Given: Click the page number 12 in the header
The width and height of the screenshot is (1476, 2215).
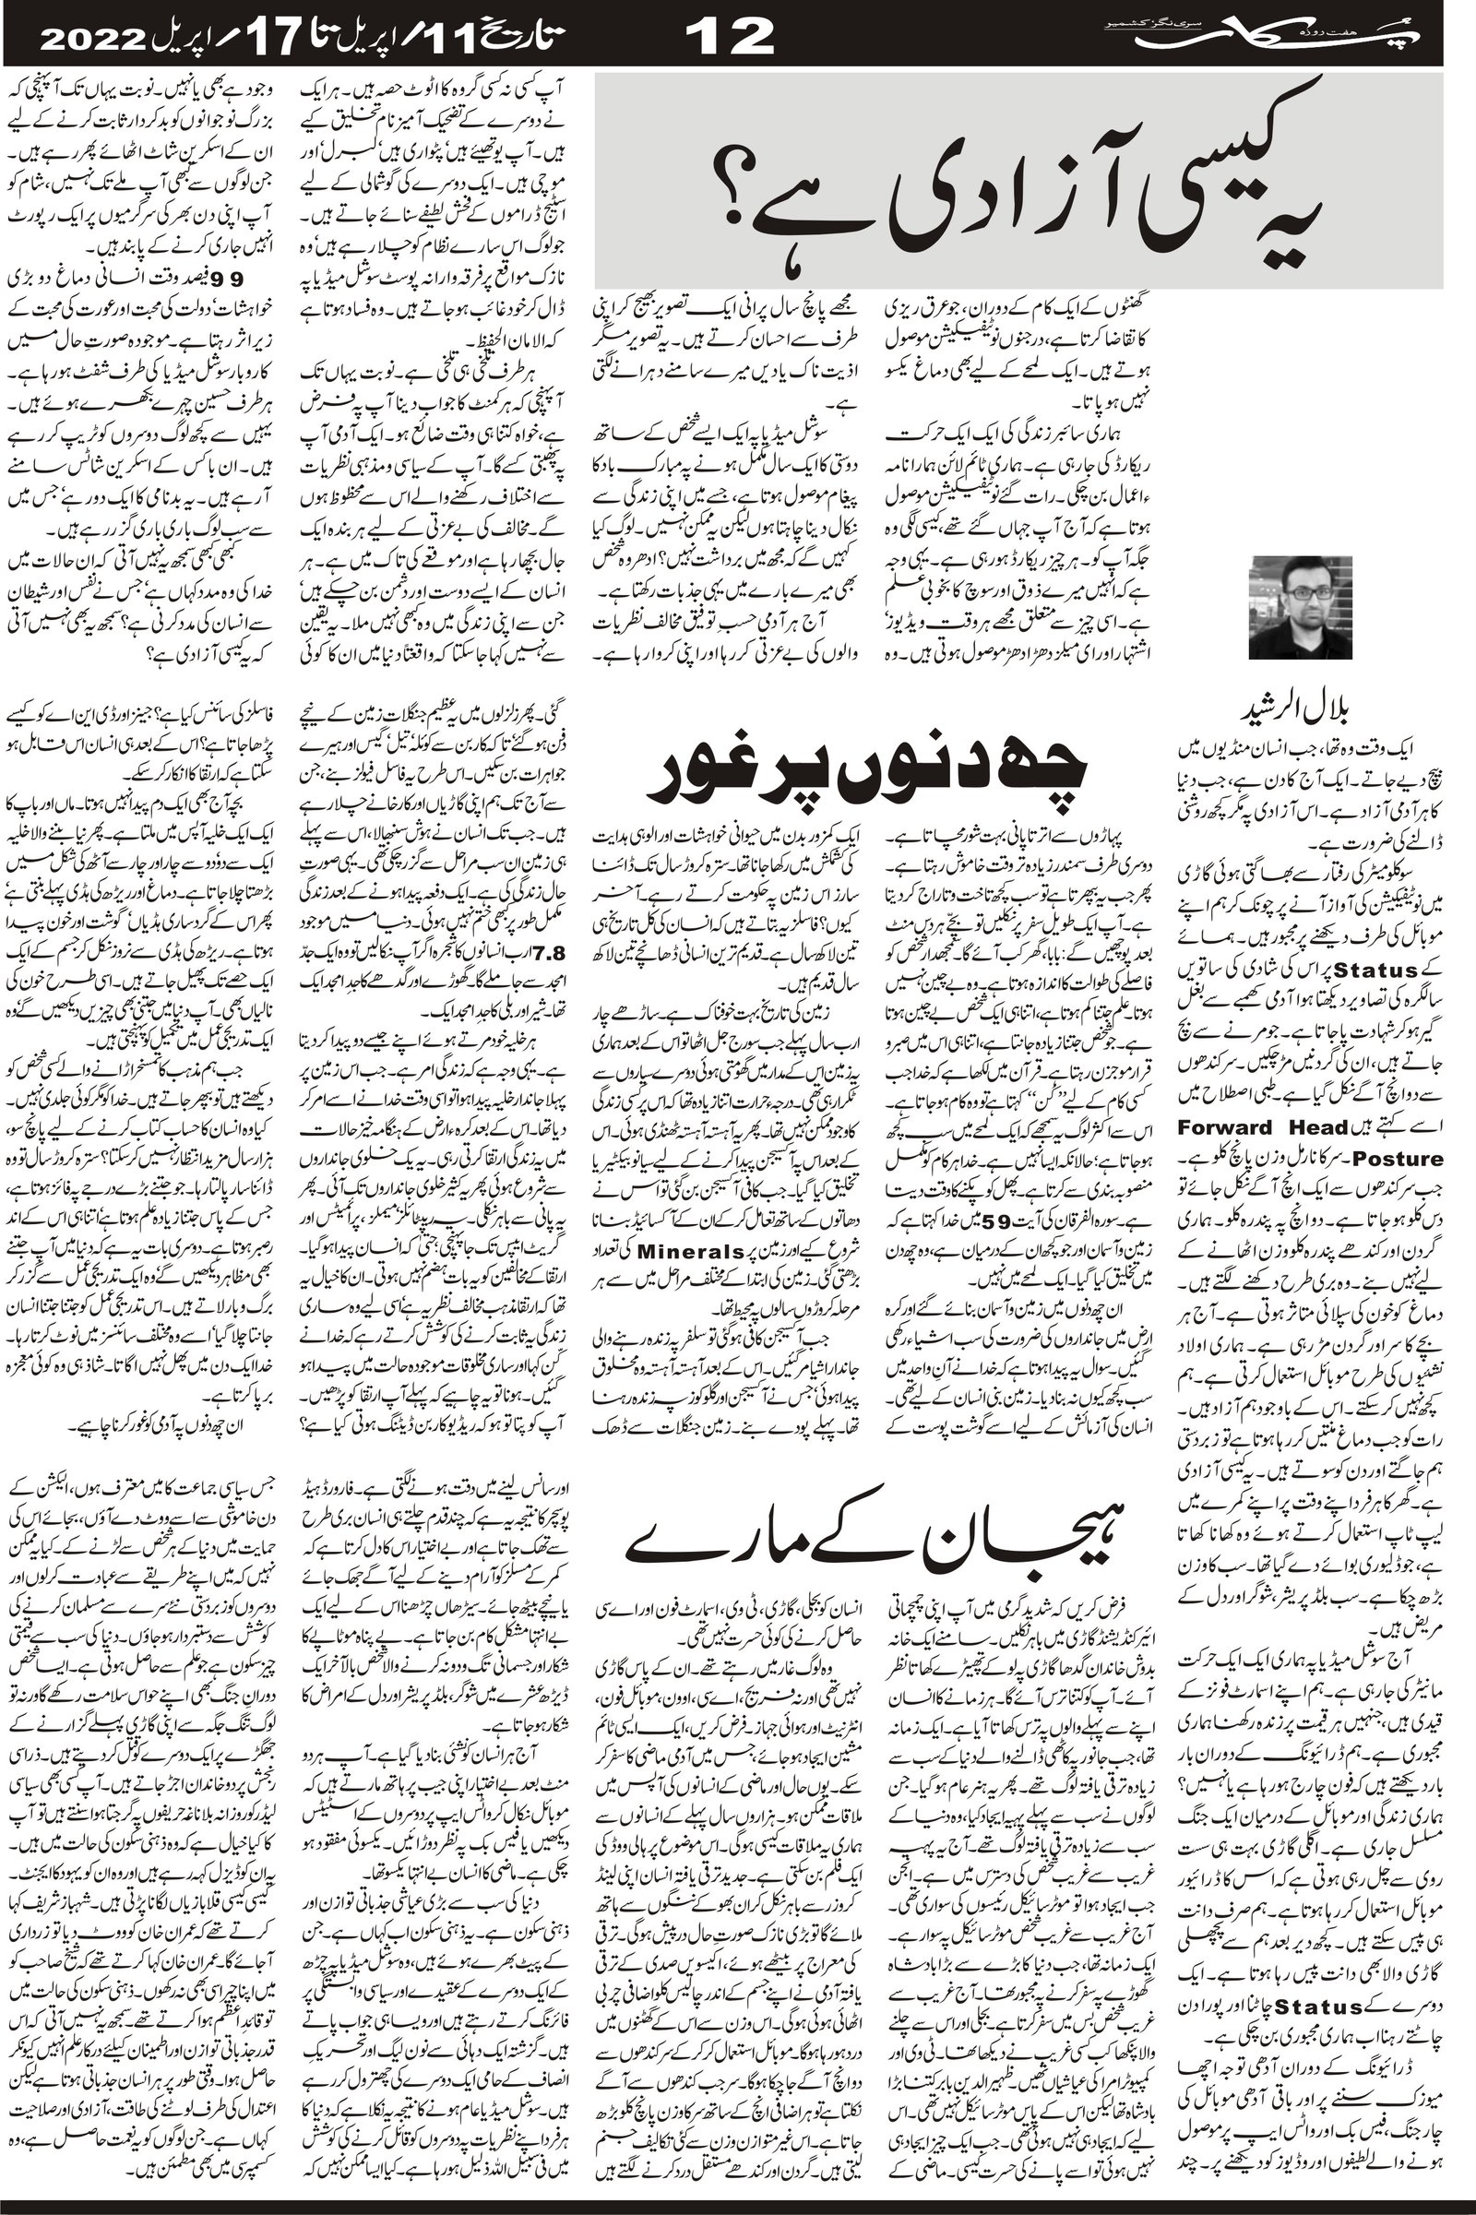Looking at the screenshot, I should click(x=730, y=36).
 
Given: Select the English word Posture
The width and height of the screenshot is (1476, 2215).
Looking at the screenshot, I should click(x=1403, y=1159).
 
